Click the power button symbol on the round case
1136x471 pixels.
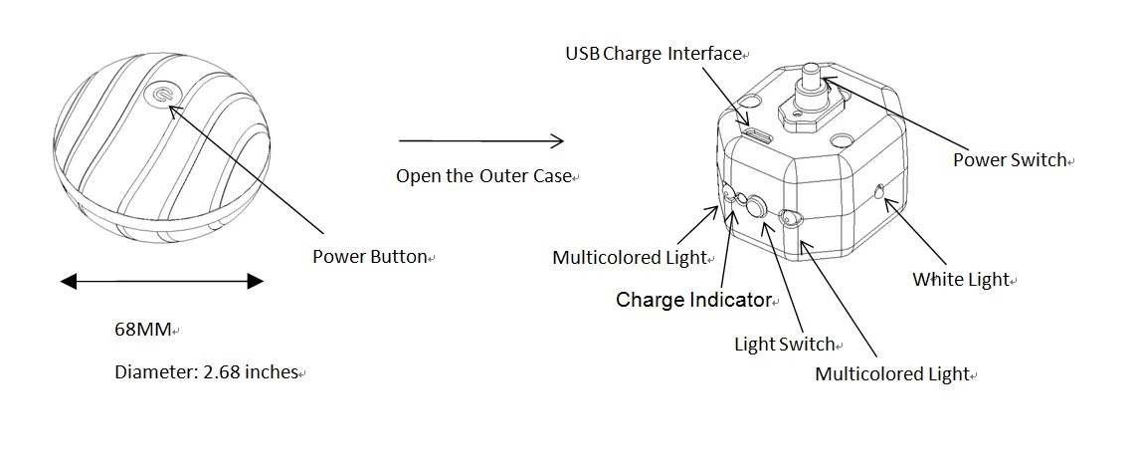pos(162,96)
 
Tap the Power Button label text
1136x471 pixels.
pos(369,257)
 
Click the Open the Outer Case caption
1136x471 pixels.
pos(482,176)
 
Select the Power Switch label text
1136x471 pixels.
pos(1009,159)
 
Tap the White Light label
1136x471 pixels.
pos(960,280)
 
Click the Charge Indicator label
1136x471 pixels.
pos(692,300)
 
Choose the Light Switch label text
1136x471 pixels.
pos(784,345)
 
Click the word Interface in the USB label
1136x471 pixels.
pos(703,53)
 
